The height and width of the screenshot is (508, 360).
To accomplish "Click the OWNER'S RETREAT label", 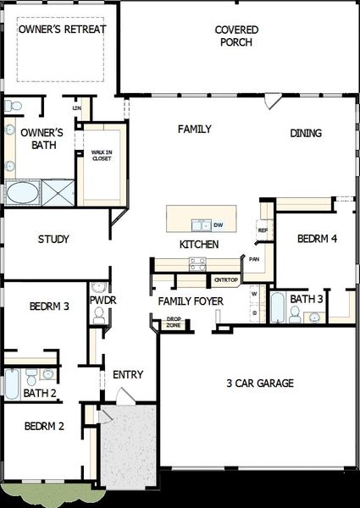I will [x=63, y=29].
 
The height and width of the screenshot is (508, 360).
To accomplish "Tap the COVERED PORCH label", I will [x=236, y=36].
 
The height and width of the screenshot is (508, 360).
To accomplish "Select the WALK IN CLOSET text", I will [x=102, y=155].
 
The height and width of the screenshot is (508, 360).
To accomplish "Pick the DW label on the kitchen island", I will [x=218, y=225].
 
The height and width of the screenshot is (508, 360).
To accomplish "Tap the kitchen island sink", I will [x=201, y=225].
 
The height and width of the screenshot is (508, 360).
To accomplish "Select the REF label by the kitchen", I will [x=263, y=230].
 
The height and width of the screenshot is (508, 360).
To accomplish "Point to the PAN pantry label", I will [x=254, y=259].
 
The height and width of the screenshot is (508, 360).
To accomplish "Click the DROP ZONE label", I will [x=173, y=323].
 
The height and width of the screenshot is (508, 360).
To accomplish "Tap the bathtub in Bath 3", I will [x=277, y=307].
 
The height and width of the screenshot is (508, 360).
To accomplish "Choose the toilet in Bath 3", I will [x=295, y=315].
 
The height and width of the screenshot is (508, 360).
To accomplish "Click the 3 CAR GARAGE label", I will [x=260, y=384].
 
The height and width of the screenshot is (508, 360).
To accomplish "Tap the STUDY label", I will [x=53, y=240].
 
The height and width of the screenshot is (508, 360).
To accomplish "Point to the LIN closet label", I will [x=77, y=108].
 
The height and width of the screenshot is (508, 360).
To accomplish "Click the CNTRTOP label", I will [x=225, y=279].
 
